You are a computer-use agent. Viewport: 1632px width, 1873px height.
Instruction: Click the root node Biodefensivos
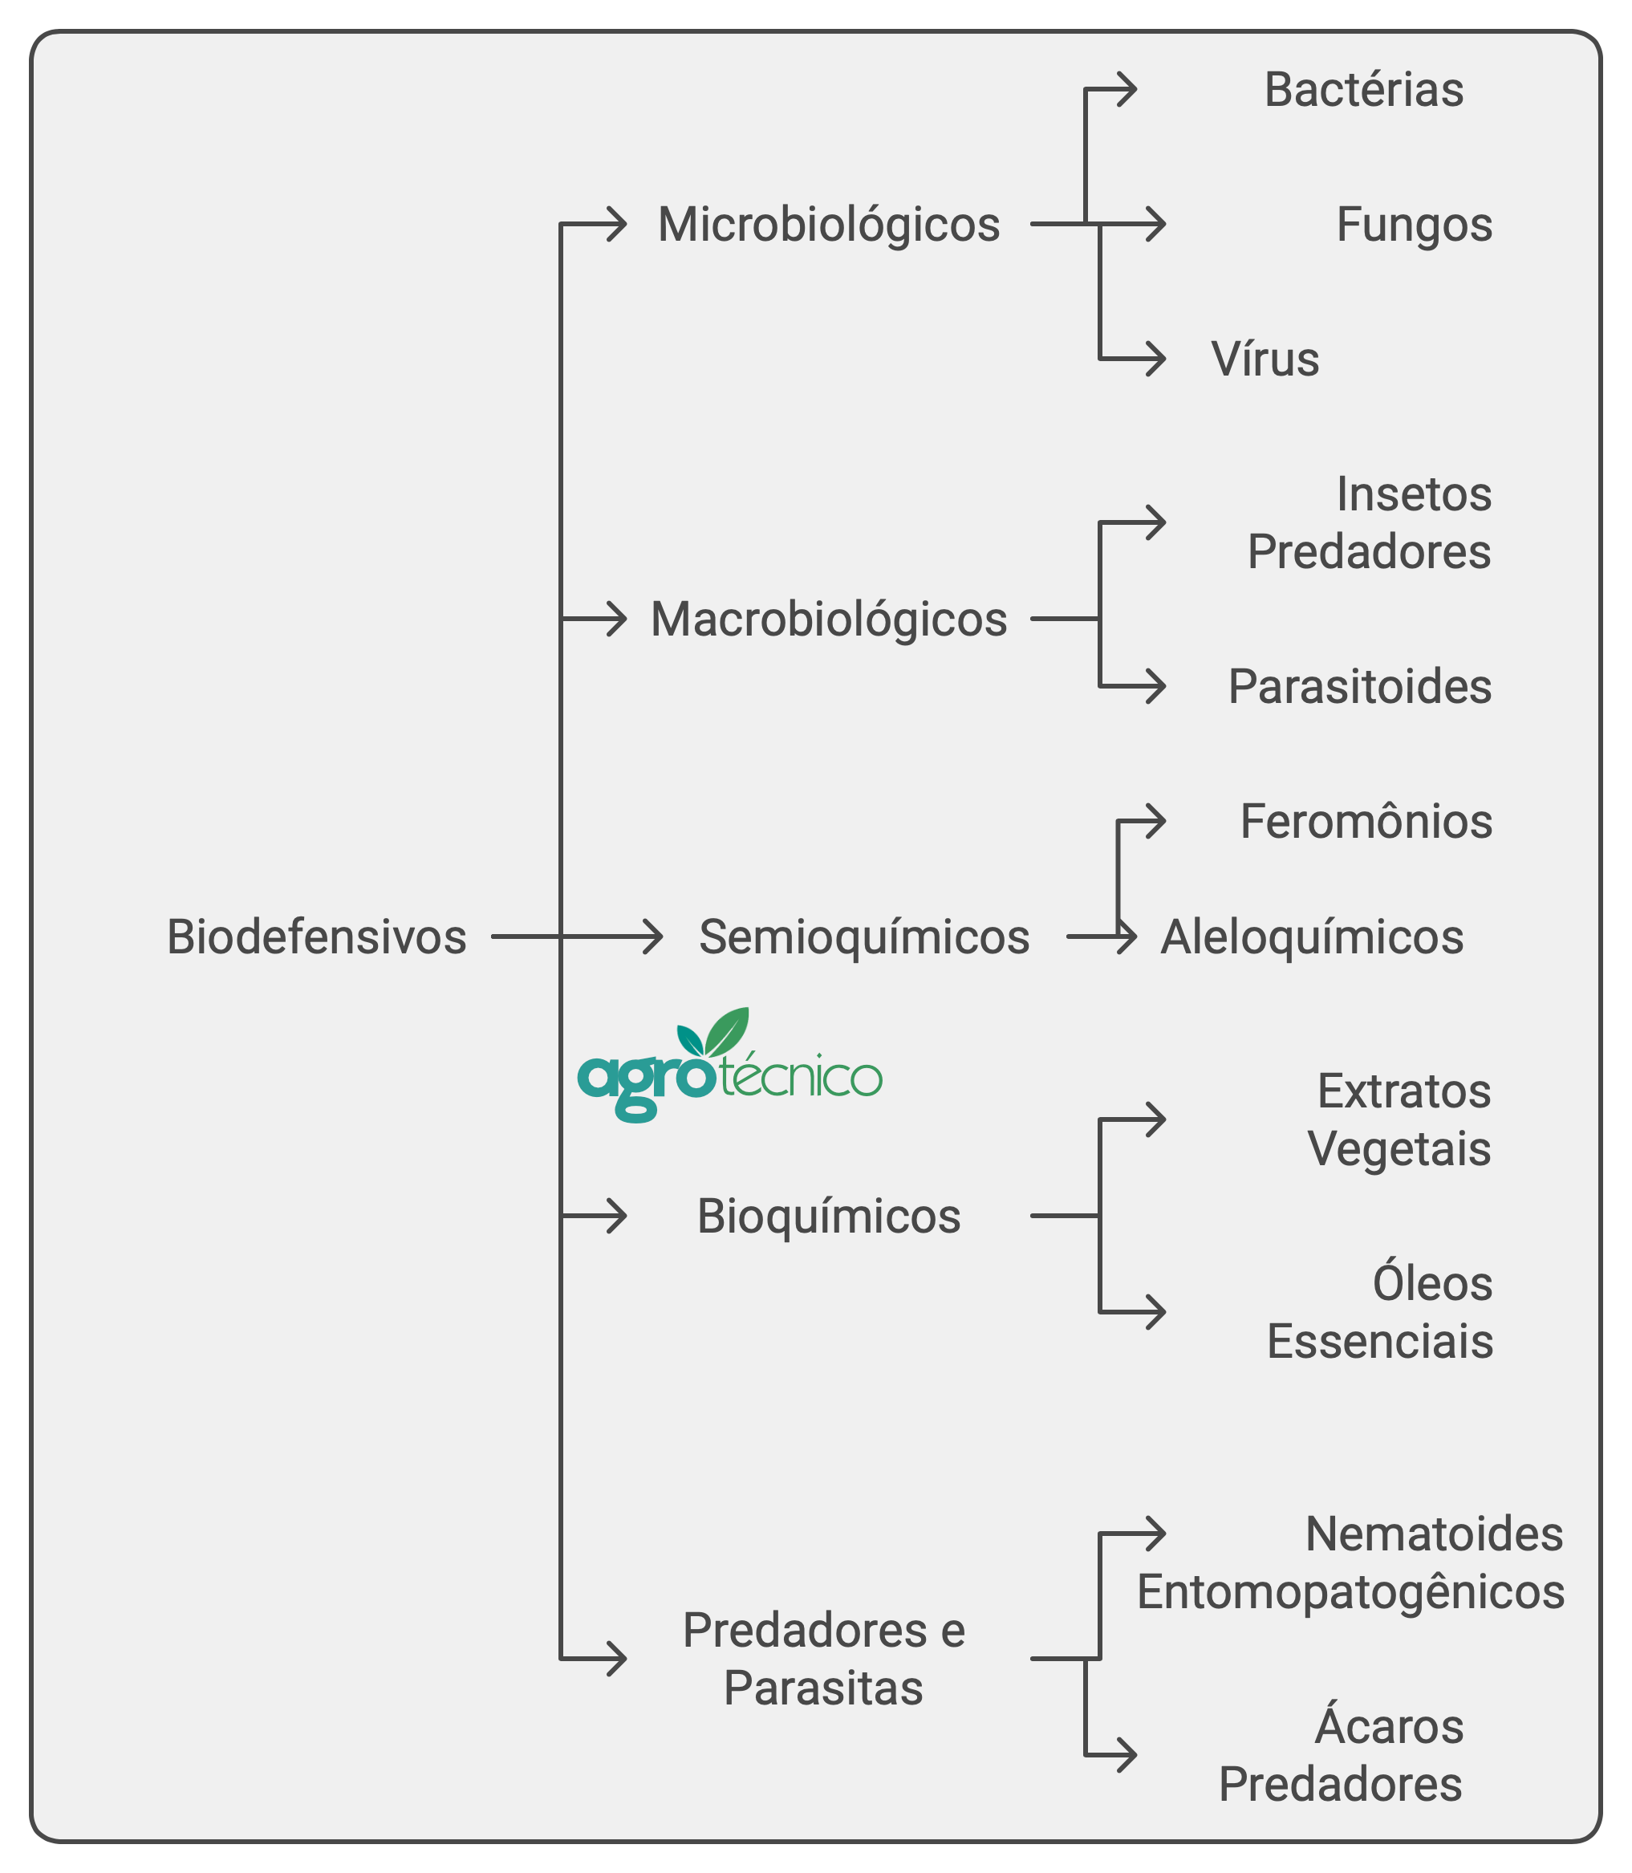316,936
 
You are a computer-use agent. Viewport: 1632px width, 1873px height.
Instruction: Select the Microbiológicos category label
829,225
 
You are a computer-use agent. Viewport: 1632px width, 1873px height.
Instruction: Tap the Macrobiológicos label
829,620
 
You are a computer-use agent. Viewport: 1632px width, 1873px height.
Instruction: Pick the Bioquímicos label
829,1217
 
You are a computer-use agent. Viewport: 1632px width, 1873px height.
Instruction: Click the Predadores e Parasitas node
824,1659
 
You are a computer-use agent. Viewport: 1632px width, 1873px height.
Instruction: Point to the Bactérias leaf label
1364,90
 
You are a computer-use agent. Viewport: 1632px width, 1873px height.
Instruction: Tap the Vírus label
1265,359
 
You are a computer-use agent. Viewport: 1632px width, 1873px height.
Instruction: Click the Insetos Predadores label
1370,523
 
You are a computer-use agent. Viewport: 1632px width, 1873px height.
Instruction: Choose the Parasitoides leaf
1360,686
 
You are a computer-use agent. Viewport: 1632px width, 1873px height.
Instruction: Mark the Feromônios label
1366,821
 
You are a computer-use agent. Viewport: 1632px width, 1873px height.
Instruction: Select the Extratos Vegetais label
1400,1119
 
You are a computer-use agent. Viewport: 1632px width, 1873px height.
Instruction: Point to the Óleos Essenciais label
1381,1312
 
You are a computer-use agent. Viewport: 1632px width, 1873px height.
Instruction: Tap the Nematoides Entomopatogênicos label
1350,1564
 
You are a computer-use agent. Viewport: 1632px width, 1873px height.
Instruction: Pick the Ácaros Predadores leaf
1342,1753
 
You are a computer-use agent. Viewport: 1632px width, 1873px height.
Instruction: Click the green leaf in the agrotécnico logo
728,1031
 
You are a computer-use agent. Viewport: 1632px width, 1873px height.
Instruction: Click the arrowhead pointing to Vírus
1155,359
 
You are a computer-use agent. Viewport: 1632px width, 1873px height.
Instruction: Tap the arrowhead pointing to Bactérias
1126,89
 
